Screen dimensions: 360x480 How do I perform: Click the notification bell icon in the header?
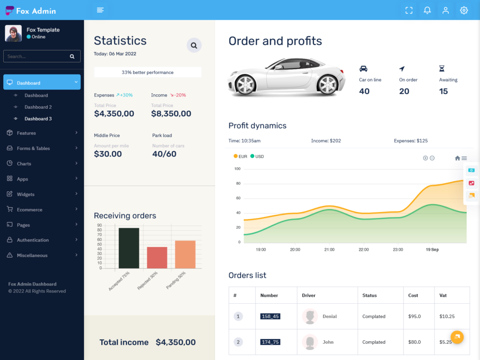427,10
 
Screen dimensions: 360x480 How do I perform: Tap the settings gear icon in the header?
464,10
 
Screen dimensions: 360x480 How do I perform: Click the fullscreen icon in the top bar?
409,10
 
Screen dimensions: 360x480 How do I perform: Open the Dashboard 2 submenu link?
38,107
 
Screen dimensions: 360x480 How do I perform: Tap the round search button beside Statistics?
194,45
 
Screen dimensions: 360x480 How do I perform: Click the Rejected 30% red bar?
157,257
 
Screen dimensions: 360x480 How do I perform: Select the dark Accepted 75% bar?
129,248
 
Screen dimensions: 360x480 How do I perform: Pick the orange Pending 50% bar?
185,255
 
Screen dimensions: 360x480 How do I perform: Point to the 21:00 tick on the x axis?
329,249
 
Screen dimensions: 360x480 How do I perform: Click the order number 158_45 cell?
270,316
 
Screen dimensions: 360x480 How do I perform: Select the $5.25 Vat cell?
445,342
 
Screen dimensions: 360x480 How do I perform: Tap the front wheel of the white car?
245,85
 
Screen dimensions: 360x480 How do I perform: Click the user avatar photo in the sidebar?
13,33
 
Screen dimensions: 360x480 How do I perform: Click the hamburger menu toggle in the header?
99,10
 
